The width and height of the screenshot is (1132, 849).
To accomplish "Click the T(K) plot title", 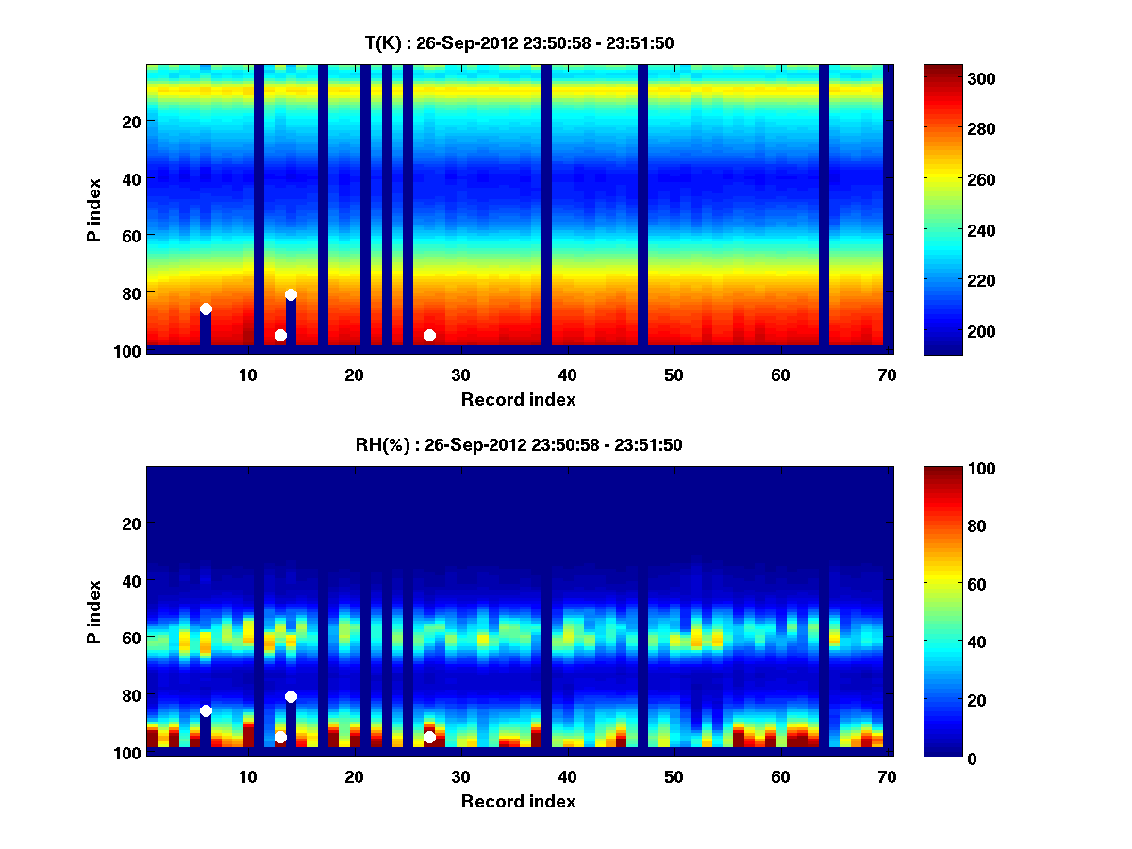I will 519,42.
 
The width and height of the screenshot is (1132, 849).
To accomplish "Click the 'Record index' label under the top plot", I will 519,400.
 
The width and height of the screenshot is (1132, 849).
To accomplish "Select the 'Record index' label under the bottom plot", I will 519,802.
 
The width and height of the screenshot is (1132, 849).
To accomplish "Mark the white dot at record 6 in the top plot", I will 206,309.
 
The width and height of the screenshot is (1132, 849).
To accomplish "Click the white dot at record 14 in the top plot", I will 291,294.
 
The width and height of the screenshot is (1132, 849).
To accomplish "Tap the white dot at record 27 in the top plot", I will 429,335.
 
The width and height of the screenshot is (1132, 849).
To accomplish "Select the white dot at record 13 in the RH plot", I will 280,737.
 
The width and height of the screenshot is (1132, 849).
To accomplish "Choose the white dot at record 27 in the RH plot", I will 429,737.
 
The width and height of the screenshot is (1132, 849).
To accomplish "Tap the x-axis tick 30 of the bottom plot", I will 460,777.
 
